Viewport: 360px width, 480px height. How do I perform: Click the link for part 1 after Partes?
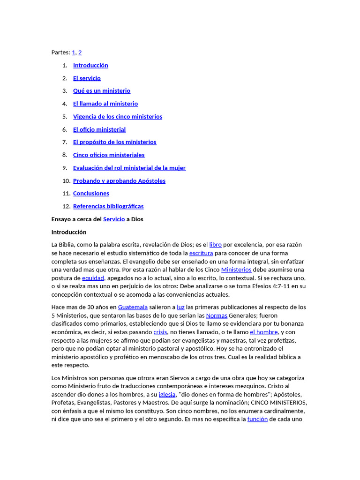pyautogui.click(x=74, y=52)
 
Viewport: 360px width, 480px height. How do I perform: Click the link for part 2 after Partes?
pyautogui.click(x=80, y=52)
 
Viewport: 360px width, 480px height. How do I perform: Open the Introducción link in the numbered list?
pyautogui.click(x=90, y=65)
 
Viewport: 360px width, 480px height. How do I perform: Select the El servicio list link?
pyautogui.click(x=87, y=78)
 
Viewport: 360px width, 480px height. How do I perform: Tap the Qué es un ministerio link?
pyautogui.click(x=102, y=91)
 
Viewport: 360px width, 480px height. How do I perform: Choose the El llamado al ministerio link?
pyautogui.click(x=105, y=104)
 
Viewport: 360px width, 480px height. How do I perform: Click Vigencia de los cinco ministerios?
pyautogui.click(x=118, y=117)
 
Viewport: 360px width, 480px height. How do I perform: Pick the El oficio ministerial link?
pyautogui.click(x=99, y=129)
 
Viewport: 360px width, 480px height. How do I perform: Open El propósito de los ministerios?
pyautogui.click(x=115, y=142)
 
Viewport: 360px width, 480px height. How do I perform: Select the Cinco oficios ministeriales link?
pyautogui.click(x=109, y=155)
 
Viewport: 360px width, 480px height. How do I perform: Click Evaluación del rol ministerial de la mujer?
pyautogui.click(x=129, y=168)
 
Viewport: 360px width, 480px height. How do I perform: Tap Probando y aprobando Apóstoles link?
pyautogui.click(x=119, y=181)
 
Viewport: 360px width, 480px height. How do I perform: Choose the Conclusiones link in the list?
pyautogui.click(x=91, y=194)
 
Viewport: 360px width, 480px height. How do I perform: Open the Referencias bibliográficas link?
pyautogui.click(x=108, y=206)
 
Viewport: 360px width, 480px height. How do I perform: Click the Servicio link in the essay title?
pyautogui.click(x=114, y=219)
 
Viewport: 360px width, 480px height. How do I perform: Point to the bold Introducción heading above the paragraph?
pyautogui.click(x=69, y=232)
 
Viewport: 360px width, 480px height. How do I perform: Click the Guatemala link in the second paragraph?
pyautogui.click(x=133, y=307)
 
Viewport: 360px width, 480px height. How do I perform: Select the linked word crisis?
pyautogui.click(x=160, y=332)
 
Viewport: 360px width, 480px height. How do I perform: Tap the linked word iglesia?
pyautogui.click(x=167, y=394)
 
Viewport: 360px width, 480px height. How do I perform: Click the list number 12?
pyautogui.click(x=66, y=206)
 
